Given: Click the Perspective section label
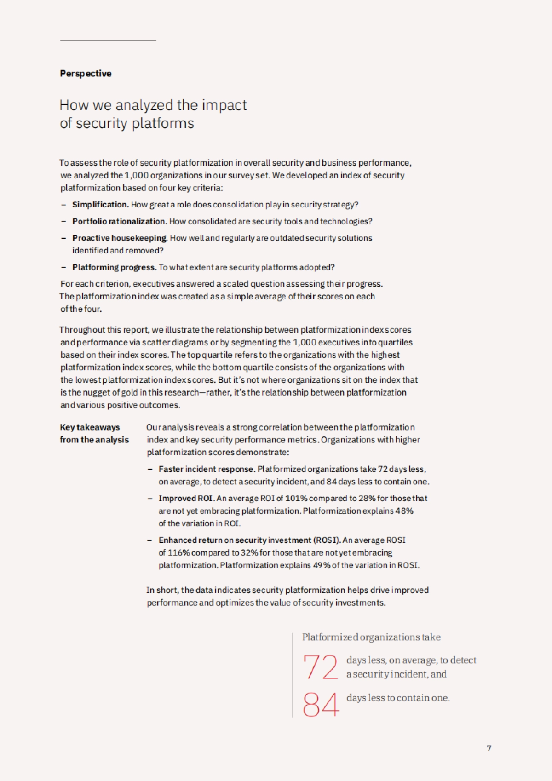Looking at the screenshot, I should click(86, 74).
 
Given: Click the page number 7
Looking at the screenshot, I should click(489, 748).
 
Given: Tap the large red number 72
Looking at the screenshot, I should click(320, 667).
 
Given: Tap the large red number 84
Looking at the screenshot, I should click(321, 705).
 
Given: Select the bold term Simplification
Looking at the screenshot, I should click(100, 205).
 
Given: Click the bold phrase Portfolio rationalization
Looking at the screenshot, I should click(120, 221).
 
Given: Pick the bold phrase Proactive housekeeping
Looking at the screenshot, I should click(120, 238).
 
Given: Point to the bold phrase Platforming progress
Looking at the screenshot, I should click(115, 267).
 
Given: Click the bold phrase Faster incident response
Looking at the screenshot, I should click(207, 469).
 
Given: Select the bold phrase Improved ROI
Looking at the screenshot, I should click(186, 498).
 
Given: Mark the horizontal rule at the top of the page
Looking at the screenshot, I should click(108, 40).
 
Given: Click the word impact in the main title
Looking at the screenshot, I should click(224, 105).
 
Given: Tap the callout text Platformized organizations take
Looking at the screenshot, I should click(371, 637).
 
